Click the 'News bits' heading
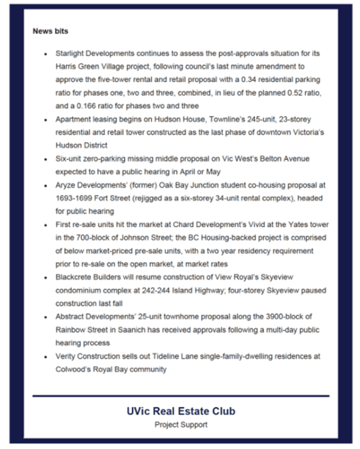pyautogui.click(x=50, y=32)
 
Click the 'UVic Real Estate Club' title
pyautogui.click(x=181, y=411)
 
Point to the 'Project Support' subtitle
pyautogui.click(x=181, y=425)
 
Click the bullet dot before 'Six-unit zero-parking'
pyautogui.click(x=45, y=159)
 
